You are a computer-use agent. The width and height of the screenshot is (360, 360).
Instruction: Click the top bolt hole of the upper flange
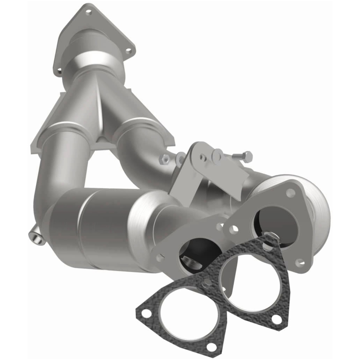pyautogui.click(x=88, y=12)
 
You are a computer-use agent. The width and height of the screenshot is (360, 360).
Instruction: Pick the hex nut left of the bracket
pyautogui.click(x=165, y=158)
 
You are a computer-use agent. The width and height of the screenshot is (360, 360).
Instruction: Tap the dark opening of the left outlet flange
pyautogui.click(x=193, y=257)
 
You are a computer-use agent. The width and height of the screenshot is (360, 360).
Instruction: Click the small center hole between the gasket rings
pyautogui.click(x=206, y=283)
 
